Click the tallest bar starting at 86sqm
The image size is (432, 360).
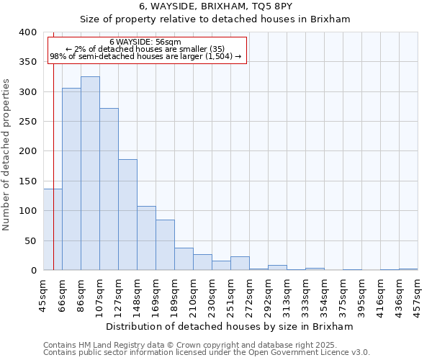pyautogui.click(x=90, y=173)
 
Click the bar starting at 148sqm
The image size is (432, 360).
pyautogui.click(x=146, y=238)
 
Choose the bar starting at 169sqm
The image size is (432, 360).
pyautogui.click(x=165, y=245)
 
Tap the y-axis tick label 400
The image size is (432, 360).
pyautogui.click(x=27, y=32)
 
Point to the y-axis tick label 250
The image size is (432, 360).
pyautogui.click(x=27, y=122)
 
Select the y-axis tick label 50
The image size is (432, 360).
pyautogui.click(x=30, y=240)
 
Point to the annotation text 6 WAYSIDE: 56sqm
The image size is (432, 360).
pyautogui.click(x=145, y=42)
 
